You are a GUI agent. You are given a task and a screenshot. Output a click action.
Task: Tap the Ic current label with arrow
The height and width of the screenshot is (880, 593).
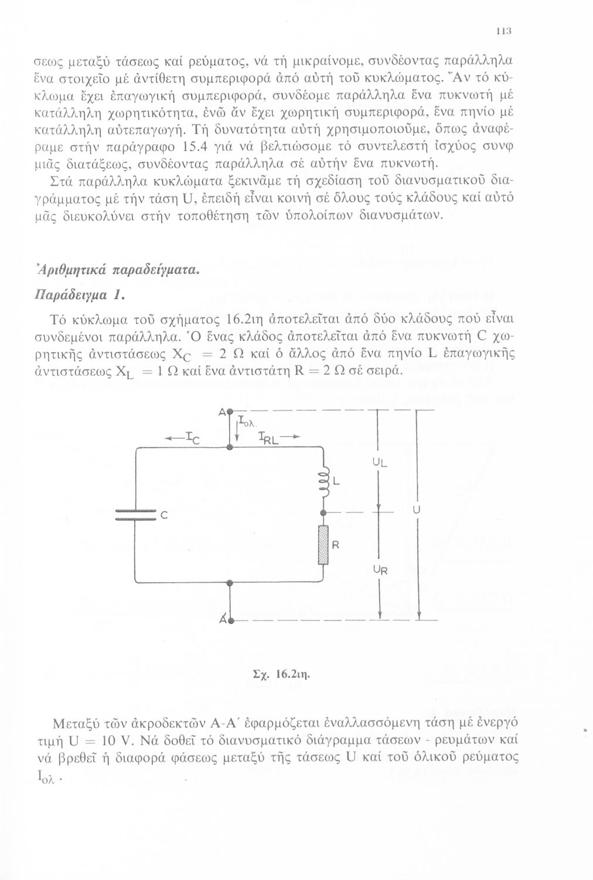tap(183, 437)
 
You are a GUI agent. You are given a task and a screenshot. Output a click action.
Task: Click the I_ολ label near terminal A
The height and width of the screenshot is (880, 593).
tap(248, 421)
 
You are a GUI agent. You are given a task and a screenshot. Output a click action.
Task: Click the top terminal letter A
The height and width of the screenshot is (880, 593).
tap(222, 412)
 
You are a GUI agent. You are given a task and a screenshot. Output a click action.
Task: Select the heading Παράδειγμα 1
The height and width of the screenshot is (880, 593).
tap(80, 295)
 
